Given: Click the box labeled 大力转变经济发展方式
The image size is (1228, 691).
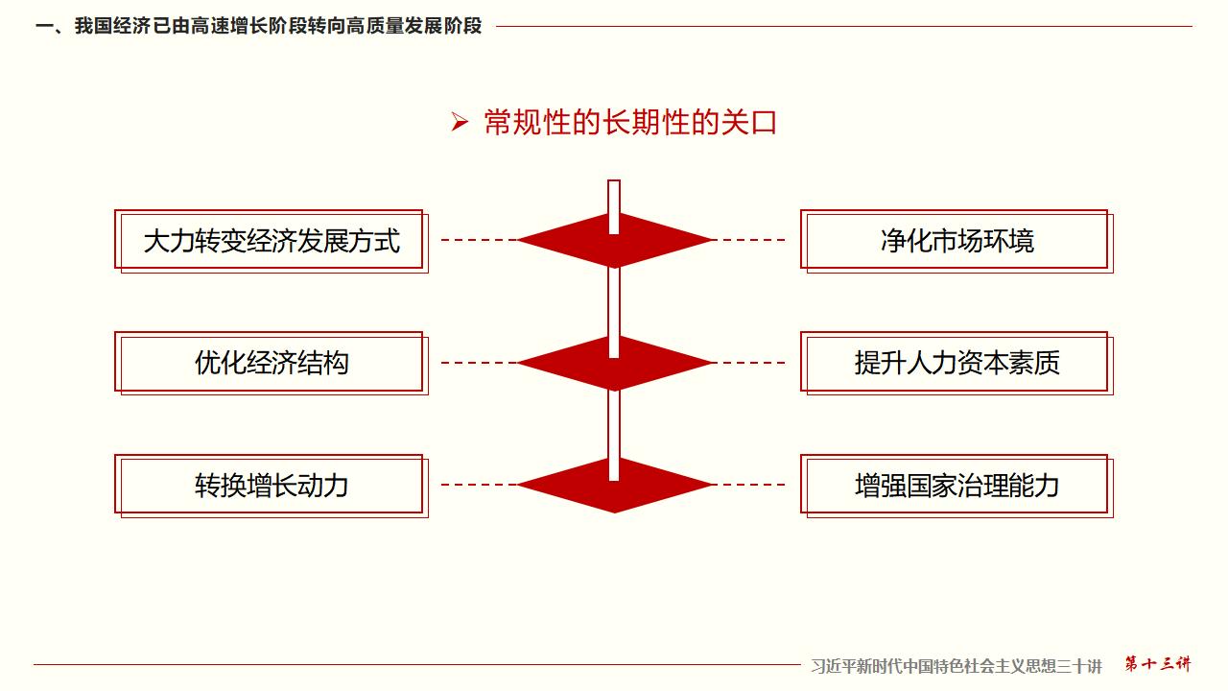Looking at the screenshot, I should point(271,241).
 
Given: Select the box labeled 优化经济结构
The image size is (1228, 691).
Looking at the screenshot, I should point(271,363).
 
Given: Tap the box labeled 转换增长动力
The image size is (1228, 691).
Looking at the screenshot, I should point(271,486).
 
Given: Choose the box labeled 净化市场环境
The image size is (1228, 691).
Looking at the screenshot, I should point(956,241).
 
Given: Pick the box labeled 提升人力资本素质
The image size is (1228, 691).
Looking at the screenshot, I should point(956,363).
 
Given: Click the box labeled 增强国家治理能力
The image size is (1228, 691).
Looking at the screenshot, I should point(956,486).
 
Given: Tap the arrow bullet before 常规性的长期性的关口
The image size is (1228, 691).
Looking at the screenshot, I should point(460,123).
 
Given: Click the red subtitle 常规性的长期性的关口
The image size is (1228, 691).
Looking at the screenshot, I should point(629,123).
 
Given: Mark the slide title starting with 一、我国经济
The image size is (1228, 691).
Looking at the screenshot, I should point(259,27).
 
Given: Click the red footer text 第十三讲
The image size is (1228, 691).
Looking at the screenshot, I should point(1157,664).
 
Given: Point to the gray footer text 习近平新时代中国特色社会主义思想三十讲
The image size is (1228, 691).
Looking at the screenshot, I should point(956,665).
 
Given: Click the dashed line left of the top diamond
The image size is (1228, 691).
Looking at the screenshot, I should point(479,240).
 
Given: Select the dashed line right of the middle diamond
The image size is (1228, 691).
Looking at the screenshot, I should point(753,363).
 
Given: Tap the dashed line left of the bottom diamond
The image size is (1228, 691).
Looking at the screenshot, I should point(479,485).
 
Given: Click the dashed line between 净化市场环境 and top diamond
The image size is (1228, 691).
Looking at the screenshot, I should point(753,240).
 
